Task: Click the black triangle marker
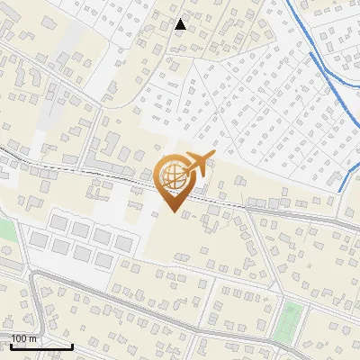[x=180, y=24]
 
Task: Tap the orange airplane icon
[x=197, y=166]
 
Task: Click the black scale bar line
[x=41, y=346]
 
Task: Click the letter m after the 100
[x=32, y=338]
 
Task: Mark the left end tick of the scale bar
[x=11, y=345]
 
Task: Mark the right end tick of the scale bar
[x=72, y=345]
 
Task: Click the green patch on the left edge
[x=5, y=230]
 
